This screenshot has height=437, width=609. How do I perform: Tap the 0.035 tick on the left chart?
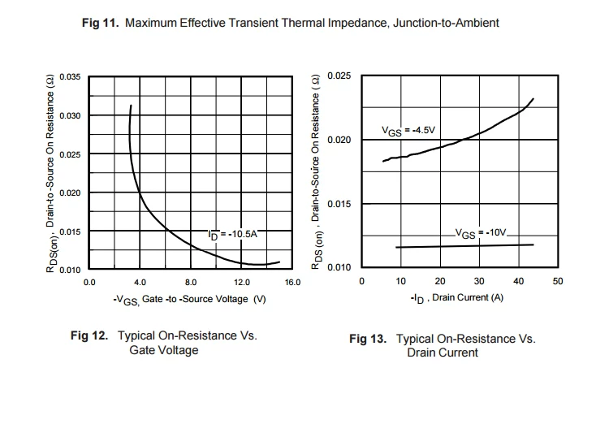coord(71,77)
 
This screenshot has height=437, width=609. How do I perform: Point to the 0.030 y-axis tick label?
coord(71,116)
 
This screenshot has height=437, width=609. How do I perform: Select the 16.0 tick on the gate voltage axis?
coord(292,283)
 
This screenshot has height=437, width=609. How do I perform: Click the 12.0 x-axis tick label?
coord(242,283)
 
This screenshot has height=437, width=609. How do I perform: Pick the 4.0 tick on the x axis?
coord(140,283)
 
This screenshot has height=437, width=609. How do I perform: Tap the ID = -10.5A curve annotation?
coord(233,234)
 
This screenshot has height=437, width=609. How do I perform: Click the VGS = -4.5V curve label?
coord(409,130)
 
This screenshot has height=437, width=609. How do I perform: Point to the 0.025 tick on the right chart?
coord(339,76)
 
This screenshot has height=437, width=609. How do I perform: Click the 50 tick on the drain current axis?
coord(557,281)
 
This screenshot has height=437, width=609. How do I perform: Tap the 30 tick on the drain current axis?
coord(478,281)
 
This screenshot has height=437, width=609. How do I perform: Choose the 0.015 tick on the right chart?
coord(339,204)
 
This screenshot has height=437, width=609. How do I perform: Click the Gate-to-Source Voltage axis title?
coord(190,300)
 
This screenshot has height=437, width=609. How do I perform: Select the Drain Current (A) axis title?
coord(456,298)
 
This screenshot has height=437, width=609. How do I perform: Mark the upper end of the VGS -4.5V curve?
coord(533,99)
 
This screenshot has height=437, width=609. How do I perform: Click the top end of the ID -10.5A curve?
coord(131,105)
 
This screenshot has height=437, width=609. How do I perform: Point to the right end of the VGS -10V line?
coord(533,244)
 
